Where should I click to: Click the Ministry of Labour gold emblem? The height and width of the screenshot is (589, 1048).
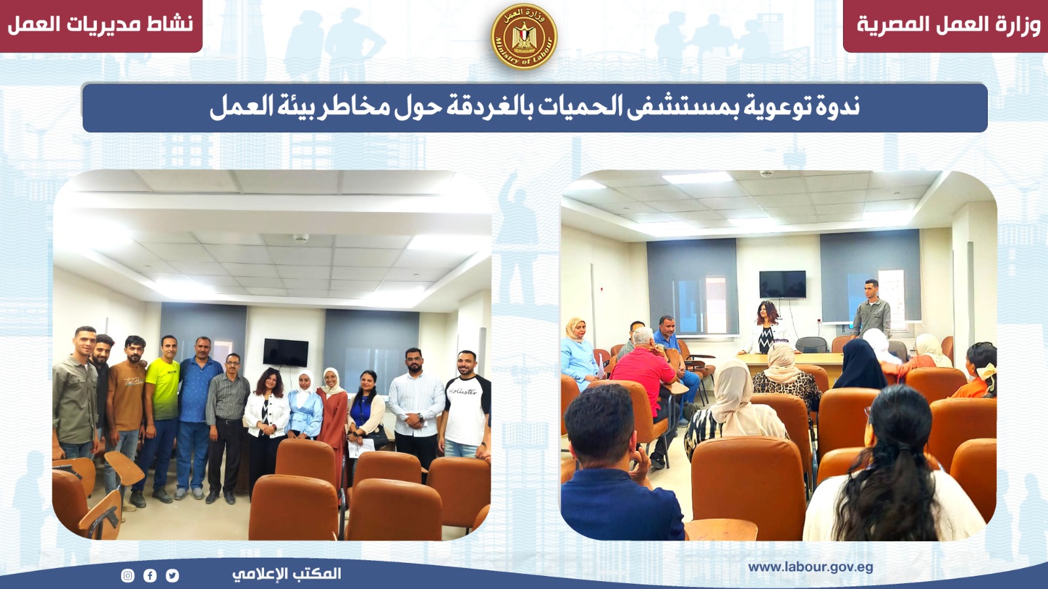point(524,37)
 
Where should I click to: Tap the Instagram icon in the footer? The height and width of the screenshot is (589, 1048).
point(128,575)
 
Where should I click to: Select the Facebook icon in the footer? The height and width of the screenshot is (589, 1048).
point(150,575)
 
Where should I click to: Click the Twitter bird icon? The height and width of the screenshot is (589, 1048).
point(172,575)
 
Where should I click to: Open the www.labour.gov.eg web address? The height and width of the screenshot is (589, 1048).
point(810,567)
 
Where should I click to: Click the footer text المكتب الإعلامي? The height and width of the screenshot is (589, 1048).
point(287,573)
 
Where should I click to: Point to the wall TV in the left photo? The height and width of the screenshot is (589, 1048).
point(286,353)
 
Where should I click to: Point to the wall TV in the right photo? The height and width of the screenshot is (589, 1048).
point(783,284)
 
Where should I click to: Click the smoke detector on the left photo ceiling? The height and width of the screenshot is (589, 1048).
point(301,238)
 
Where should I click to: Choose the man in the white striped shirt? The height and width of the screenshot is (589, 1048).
point(417,406)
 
